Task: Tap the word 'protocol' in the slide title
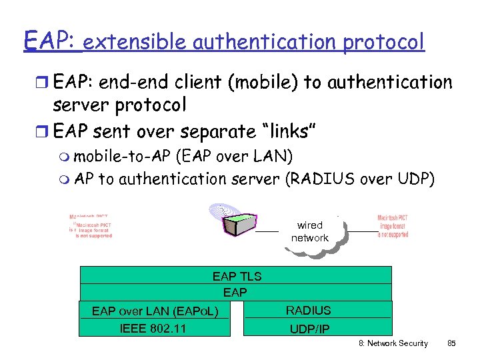[383, 42]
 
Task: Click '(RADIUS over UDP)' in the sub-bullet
[359, 179]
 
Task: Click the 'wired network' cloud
[310, 232]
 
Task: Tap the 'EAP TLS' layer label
[237, 276]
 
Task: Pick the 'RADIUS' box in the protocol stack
[308, 310]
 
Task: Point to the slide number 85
[451, 343]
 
